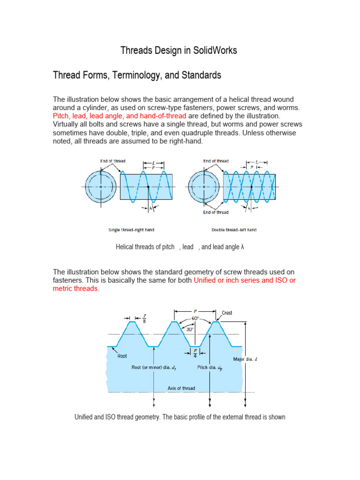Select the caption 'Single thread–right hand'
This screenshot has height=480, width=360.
click(131, 230)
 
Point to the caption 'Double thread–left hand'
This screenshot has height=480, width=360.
click(234, 230)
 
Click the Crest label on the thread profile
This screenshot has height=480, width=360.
click(227, 313)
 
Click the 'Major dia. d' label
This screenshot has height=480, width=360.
click(245, 360)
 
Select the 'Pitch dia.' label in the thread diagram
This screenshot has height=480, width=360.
click(210, 368)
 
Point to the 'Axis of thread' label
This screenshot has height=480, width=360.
click(181, 388)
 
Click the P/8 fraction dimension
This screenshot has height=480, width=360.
click(144, 319)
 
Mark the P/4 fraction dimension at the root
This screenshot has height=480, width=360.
click(195, 352)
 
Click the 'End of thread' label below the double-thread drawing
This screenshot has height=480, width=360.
click(216, 212)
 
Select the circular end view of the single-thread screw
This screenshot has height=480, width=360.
click(101, 186)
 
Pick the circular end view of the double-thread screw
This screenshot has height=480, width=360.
click(203, 186)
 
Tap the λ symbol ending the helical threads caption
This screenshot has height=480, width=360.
click(242, 247)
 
